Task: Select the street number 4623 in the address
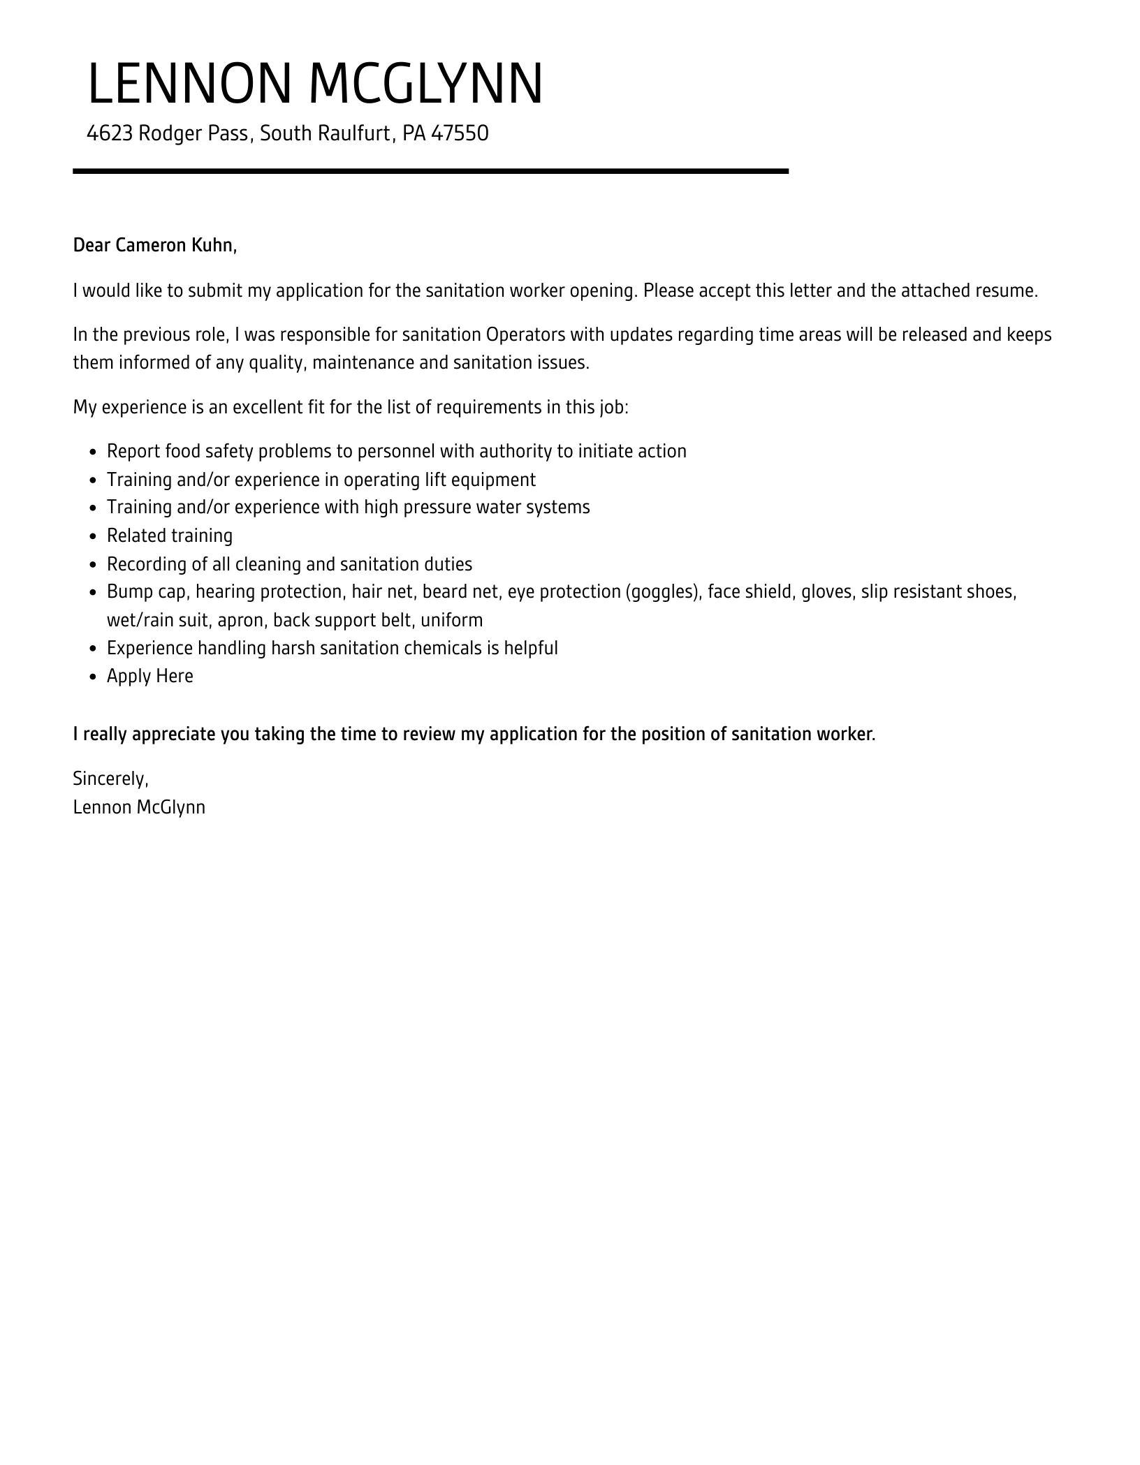click(x=110, y=133)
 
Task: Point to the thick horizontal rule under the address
click(x=430, y=171)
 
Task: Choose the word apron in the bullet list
click(x=240, y=620)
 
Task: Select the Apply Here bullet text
click(x=150, y=677)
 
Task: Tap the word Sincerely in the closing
click(x=110, y=779)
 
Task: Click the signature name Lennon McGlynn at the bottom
click(x=139, y=808)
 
